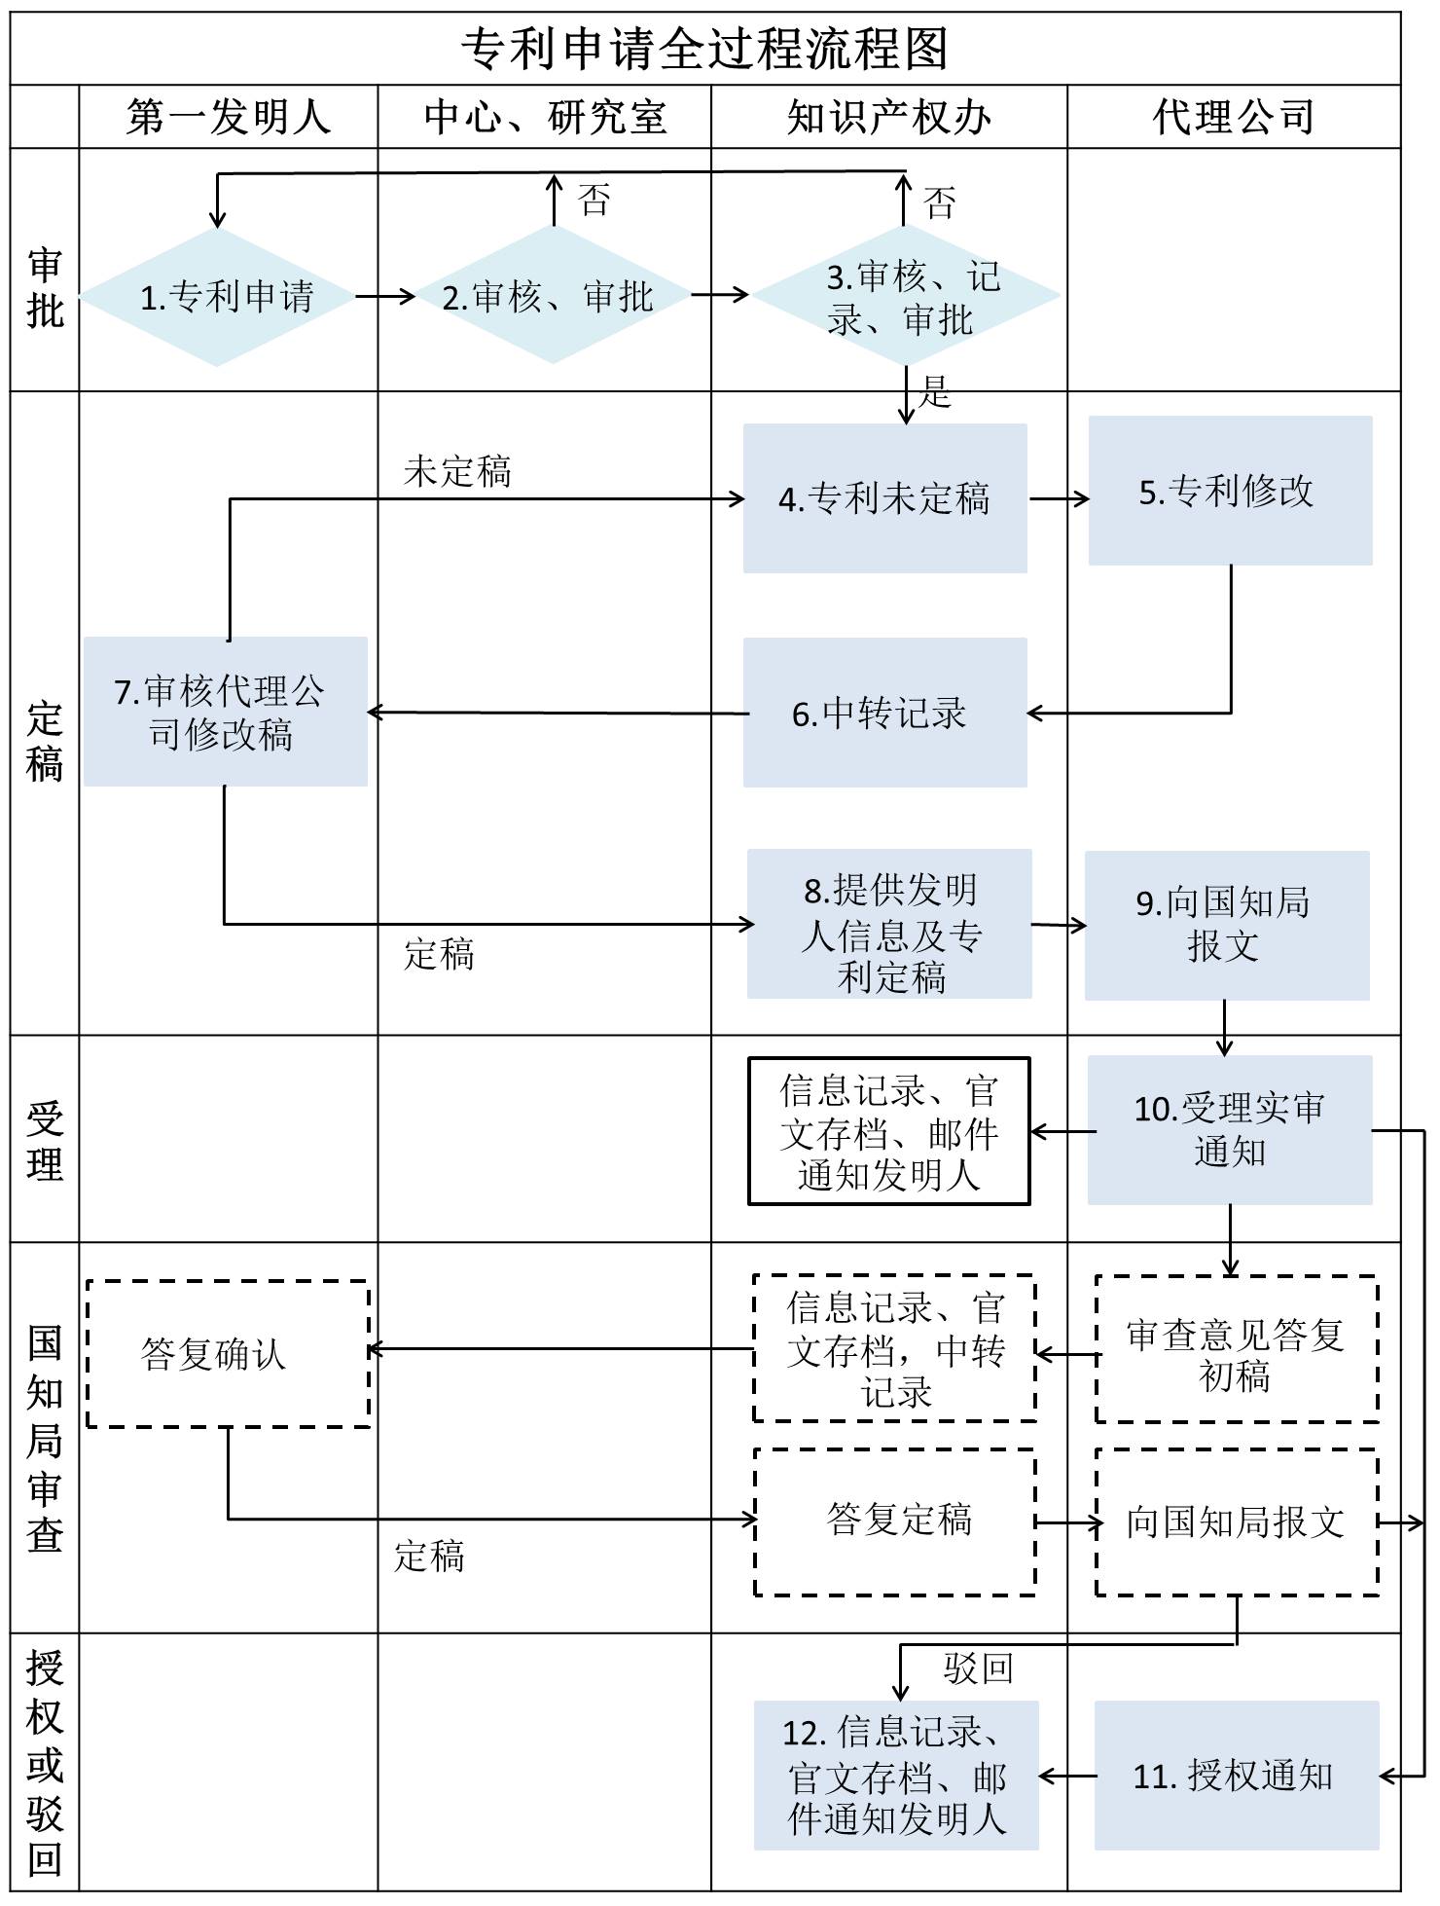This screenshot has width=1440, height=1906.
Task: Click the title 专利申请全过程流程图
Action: pos(704,49)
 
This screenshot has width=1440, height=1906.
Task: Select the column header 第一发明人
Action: pos(229,118)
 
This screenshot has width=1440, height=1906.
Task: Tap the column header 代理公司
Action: pos(1233,118)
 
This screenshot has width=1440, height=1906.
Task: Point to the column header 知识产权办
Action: pos(888,118)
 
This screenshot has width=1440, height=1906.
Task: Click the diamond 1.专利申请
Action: pos(218,297)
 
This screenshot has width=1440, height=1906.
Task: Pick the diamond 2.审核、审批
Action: pos(552,296)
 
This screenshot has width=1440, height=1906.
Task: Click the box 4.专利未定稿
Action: pos(884,498)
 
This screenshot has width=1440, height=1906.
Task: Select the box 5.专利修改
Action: pos(1230,491)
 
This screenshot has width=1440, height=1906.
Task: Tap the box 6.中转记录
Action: pos(884,713)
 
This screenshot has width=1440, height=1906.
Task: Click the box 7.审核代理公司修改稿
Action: pos(225,712)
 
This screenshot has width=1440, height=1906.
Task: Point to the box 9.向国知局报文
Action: pos(1226,925)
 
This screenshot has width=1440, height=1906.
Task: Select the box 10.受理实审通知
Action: pos(1230,1129)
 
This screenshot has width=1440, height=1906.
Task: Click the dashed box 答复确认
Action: pos(228,1353)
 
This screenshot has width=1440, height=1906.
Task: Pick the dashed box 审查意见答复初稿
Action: pos(1236,1349)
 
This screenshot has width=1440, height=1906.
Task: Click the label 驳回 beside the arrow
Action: pos(978,1668)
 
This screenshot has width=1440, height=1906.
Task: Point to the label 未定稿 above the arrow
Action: pos(457,472)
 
